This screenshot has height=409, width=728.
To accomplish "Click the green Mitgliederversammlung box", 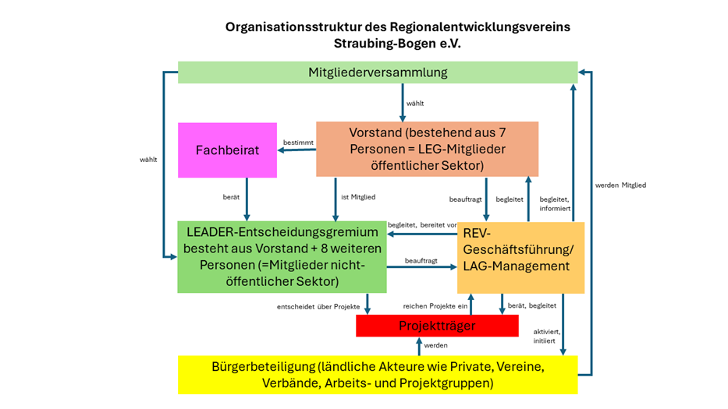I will (378, 72).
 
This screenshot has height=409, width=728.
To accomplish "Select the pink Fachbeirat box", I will (227, 150).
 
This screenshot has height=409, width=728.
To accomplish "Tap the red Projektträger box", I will (437, 326).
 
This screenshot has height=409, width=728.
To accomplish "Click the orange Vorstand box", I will (427, 149).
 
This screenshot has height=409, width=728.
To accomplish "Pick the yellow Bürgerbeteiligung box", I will (378, 375).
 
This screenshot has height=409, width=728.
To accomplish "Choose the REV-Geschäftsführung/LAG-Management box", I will (520, 258).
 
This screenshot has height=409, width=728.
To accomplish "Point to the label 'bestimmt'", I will (298, 143).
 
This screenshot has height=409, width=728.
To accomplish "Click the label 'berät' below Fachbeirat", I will (231, 198).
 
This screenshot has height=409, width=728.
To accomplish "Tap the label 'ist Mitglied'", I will (356, 198).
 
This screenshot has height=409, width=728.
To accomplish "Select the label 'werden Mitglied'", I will (620, 185).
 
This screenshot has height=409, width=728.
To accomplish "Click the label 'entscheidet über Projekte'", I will (318, 306).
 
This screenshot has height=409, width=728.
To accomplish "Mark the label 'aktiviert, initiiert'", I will (545, 336).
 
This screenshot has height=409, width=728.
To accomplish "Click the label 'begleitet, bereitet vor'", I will (422, 224).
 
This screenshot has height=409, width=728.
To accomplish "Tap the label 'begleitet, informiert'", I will (555, 203).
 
